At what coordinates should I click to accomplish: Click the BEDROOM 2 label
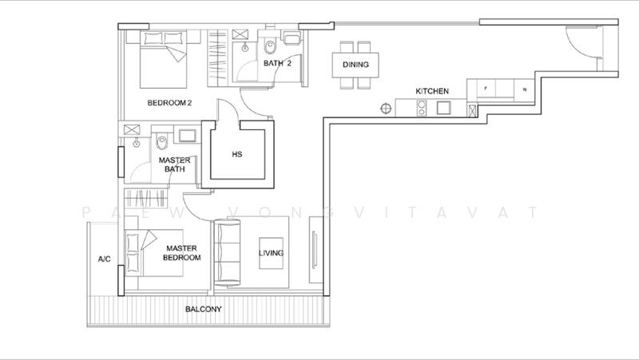pyautogui.click(x=170, y=103)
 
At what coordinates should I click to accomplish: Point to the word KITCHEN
pyautogui.click(x=432, y=92)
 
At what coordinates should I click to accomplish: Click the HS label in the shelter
pyautogui.click(x=236, y=154)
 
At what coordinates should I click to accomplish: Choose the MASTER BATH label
pyautogui.click(x=175, y=164)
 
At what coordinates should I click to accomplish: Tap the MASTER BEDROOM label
pyautogui.click(x=182, y=253)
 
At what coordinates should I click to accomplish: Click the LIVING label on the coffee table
pyautogui.click(x=272, y=254)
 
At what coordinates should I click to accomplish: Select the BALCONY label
pyautogui.click(x=204, y=309)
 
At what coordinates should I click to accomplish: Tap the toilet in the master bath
pyautogui.click(x=162, y=140)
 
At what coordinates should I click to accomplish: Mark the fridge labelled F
pyautogui.click(x=486, y=89)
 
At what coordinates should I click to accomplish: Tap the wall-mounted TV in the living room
pyautogui.click(x=314, y=254)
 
